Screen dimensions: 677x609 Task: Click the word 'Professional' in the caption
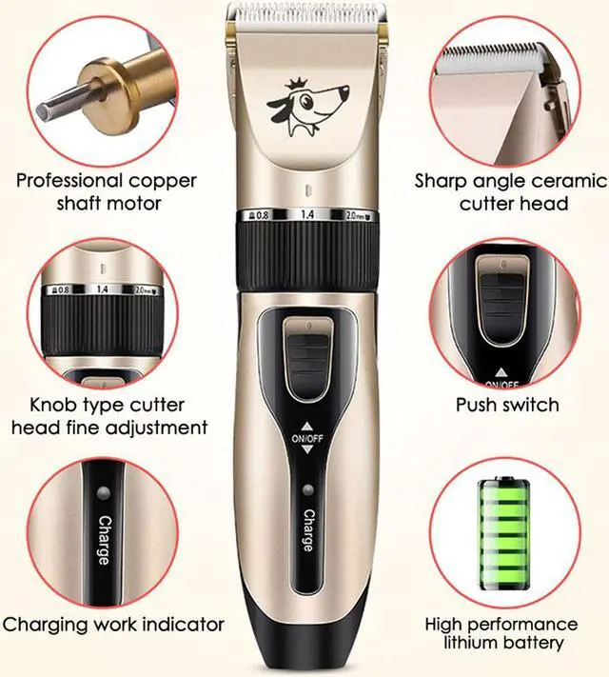(69, 180)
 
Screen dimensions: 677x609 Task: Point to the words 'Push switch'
(507, 405)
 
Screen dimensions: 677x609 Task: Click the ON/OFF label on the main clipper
(306, 438)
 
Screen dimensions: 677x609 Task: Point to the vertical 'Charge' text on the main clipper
(307, 530)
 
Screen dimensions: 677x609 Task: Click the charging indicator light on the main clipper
(306, 491)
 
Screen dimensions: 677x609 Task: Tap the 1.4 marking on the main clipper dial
(307, 216)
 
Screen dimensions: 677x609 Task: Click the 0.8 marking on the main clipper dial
(258, 214)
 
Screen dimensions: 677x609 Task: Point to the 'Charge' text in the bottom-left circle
(103, 538)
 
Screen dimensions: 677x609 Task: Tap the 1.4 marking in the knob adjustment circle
(101, 288)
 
